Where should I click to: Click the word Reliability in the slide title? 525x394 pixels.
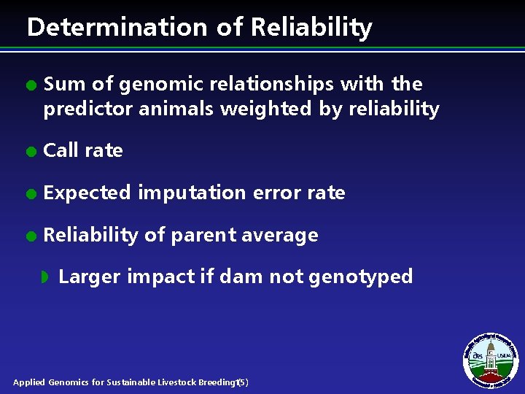click(x=311, y=28)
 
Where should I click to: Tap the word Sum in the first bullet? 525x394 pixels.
click(x=63, y=85)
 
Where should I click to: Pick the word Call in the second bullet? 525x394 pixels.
click(x=60, y=151)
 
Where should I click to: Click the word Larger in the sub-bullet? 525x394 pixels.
click(x=90, y=277)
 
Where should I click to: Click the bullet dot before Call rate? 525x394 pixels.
click(x=30, y=152)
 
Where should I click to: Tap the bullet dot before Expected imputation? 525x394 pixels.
click(x=30, y=194)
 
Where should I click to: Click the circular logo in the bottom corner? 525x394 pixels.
click(x=490, y=358)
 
